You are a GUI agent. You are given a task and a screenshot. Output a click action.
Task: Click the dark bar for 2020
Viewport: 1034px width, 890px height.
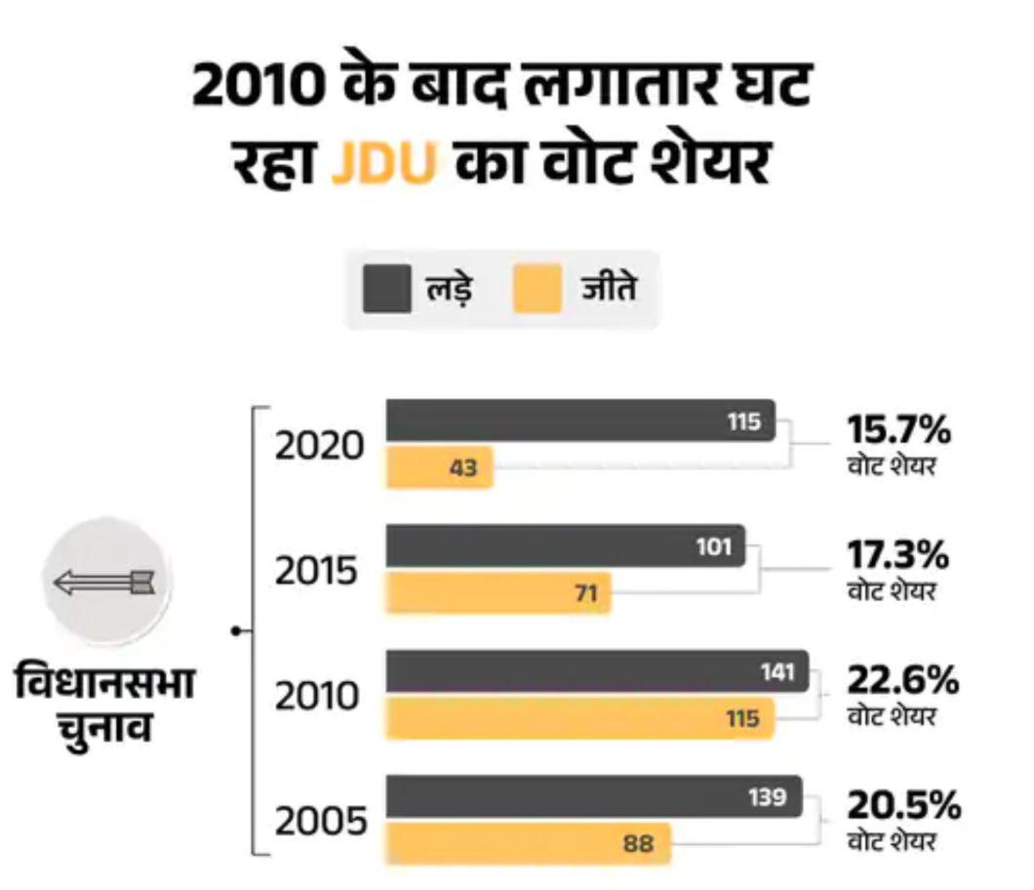tap(580, 421)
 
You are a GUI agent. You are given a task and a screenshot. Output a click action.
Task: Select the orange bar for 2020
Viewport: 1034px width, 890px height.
tap(440, 467)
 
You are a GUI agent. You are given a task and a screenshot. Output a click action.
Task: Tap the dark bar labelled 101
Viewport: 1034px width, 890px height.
tap(566, 546)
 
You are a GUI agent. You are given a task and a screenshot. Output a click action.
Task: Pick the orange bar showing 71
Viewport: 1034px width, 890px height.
tap(498, 593)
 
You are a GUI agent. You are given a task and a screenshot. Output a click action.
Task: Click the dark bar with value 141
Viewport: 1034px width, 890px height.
tap(597, 671)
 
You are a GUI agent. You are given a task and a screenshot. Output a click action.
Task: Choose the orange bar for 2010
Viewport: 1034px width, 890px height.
tap(580, 718)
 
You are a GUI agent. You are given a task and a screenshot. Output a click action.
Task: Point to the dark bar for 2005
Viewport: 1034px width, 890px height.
tap(594, 796)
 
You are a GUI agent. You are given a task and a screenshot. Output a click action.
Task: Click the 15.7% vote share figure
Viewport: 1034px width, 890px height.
tap(897, 429)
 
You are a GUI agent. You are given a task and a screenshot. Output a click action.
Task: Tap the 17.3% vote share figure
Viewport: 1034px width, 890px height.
tap(897, 555)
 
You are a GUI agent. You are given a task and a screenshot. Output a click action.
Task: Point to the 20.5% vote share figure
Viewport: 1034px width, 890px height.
tap(903, 806)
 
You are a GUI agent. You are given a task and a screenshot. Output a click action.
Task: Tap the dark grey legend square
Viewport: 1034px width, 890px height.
tap(386, 290)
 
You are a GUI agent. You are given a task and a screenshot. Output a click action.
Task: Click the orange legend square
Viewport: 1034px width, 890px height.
tap(537, 290)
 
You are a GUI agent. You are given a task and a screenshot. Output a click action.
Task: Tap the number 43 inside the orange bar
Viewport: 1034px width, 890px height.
tap(463, 468)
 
